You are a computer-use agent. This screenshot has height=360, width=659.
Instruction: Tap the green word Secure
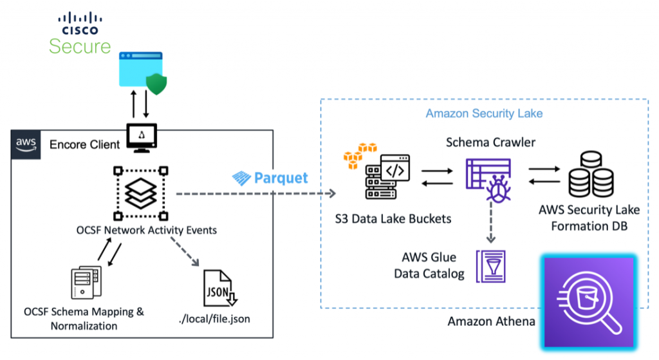[x=80, y=46]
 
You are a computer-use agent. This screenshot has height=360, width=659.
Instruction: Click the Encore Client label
[x=85, y=144]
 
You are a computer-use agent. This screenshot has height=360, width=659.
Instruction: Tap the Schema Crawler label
[x=490, y=142]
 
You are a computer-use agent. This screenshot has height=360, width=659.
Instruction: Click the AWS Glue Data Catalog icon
[x=490, y=265]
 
